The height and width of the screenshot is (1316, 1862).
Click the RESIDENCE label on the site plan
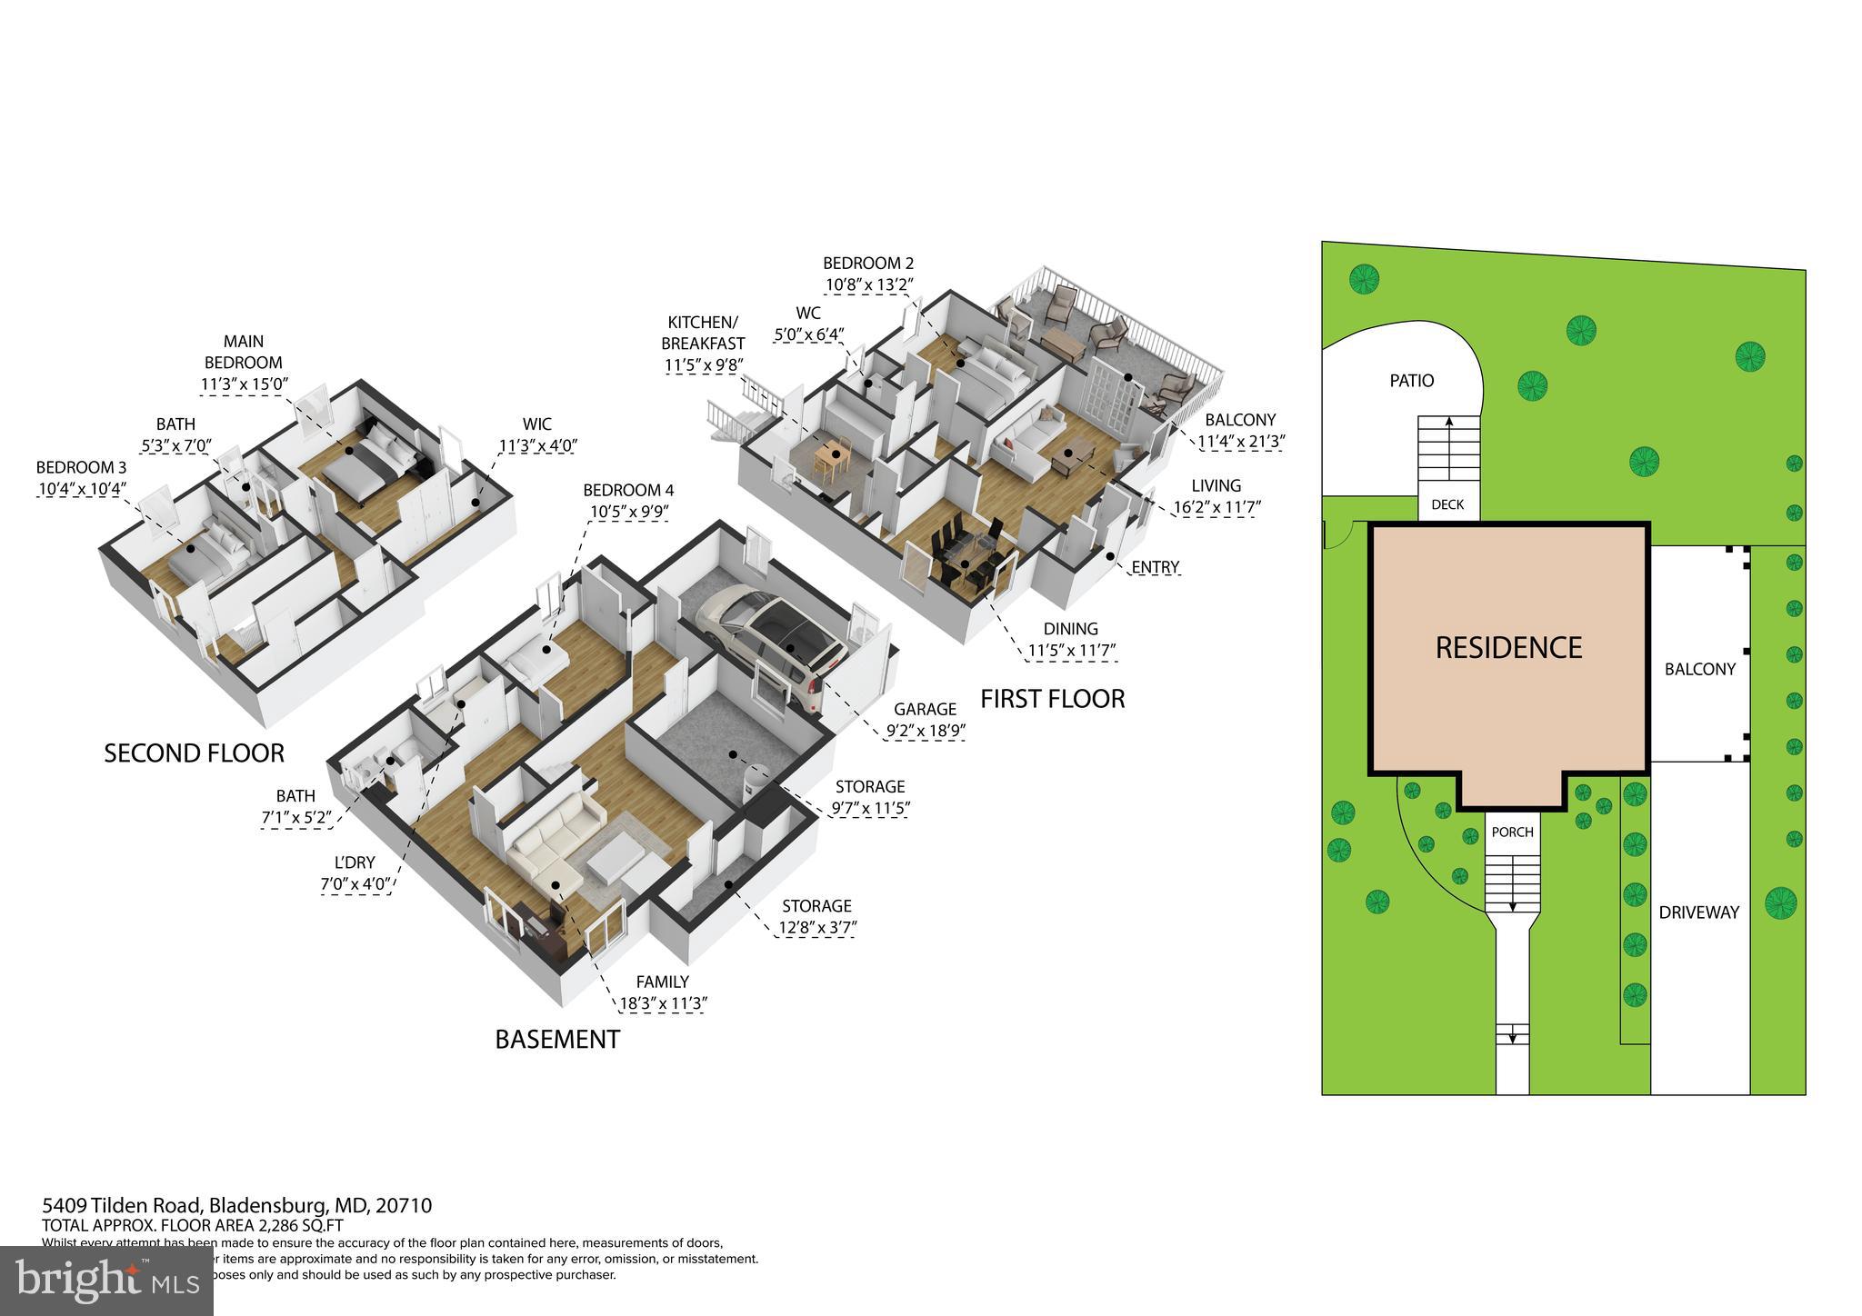(x=1508, y=647)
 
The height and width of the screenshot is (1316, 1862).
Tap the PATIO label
(x=1411, y=381)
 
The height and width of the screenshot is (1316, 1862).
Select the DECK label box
(x=1447, y=504)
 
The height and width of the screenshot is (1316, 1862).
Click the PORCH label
(x=1513, y=832)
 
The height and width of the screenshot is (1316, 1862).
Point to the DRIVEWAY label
(x=1698, y=912)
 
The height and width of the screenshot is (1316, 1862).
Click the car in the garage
(x=773, y=637)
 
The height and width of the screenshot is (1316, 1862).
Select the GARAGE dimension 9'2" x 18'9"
(x=925, y=729)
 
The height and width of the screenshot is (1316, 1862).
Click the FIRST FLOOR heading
(x=1052, y=699)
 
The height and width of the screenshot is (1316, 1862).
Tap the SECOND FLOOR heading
(x=194, y=753)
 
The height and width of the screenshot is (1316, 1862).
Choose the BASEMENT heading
(x=557, y=1040)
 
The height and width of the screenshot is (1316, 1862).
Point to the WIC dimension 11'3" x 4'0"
(x=538, y=445)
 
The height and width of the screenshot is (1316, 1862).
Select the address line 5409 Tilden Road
(x=236, y=1206)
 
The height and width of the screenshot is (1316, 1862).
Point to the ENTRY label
(x=1155, y=567)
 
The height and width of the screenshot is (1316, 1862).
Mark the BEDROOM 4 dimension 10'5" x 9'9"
(x=629, y=511)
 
